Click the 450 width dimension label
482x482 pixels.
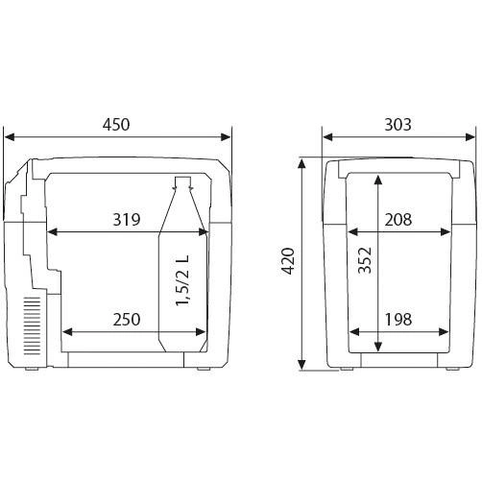[x=116, y=125]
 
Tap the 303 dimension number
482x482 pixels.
[x=398, y=125]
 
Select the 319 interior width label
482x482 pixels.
[x=127, y=220]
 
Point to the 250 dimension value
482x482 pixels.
[x=127, y=320]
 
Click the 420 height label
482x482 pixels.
[x=289, y=261]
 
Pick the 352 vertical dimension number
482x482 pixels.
[x=365, y=260]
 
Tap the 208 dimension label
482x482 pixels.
[x=398, y=220]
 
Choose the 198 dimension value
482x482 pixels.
[x=398, y=320]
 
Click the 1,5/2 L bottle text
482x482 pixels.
[x=182, y=280]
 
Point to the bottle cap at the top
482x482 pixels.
[x=182, y=181]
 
